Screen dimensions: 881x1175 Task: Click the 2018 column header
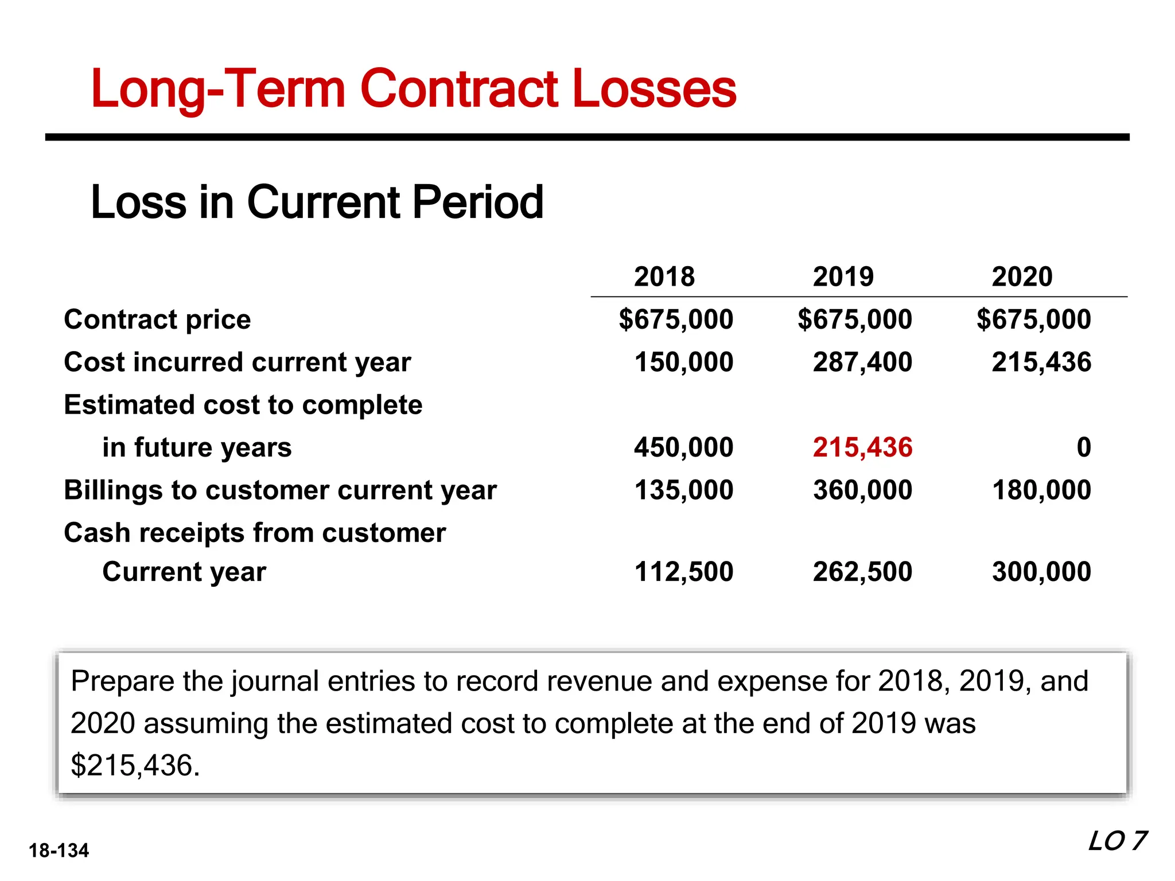[x=664, y=276]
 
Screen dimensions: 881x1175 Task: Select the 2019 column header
[x=843, y=276]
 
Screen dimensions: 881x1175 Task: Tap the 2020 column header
[x=1022, y=276]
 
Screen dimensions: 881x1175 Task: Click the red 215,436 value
[x=862, y=447]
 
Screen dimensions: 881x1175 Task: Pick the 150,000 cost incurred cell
[x=683, y=362]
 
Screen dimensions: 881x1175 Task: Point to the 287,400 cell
[x=862, y=362]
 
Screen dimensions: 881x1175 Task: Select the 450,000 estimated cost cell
[x=683, y=447]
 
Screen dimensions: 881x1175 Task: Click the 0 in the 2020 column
[x=1083, y=447]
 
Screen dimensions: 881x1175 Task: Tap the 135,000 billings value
[x=683, y=490]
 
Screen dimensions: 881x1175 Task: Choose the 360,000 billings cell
[x=862, y=490]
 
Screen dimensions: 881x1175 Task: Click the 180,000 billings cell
[x=1041, y=490]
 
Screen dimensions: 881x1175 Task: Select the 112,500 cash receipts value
[x=683, y=572]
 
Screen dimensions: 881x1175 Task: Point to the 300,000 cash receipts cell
[x=1041, y=572]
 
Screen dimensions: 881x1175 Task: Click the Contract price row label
[x=157, y=319]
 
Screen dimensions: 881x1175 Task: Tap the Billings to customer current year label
[x=280, y=490]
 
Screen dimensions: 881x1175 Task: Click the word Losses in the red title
[x=654, y=89]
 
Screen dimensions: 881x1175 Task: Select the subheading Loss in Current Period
[x=317, y=202]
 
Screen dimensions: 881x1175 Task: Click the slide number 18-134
[x=59, y=851]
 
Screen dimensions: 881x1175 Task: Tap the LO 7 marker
[x=1117, y=841]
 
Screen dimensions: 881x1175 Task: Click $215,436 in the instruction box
[x=135, y=765]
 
